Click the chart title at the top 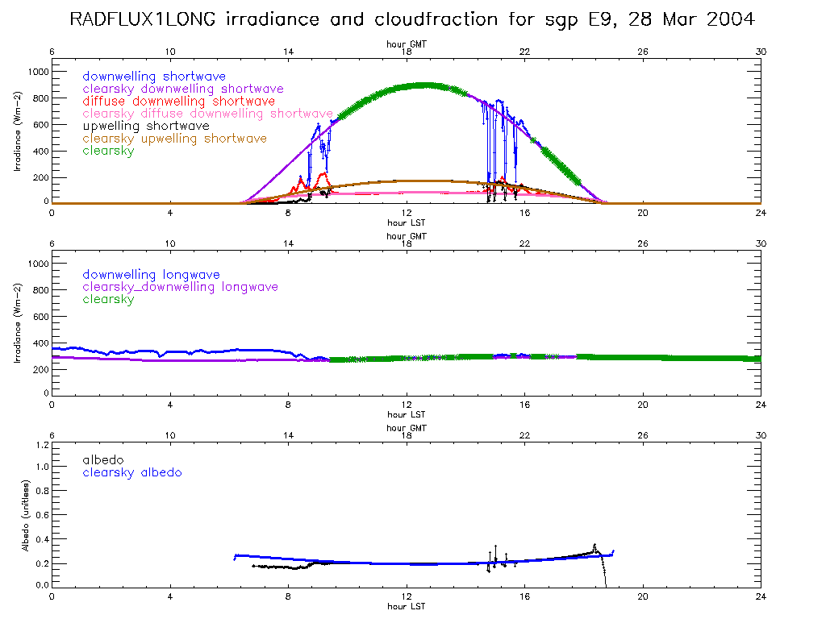tap(412, 19)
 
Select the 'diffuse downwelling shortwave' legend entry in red tap(178, 102)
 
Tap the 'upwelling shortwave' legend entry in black tap(146, 126)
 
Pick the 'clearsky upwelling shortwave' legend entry tap(174, 139)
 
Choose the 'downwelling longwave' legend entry tap(151, 275)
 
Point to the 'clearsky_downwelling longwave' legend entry tap(180, 287)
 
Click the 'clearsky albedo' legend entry tap(132, 472)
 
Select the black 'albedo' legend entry tap(102, 459)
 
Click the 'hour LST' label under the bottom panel tap(406, 606)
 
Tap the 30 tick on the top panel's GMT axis tap(761, 52)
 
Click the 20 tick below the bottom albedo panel tap(643, 597)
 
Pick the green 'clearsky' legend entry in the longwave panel tap(108, 299)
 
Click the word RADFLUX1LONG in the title tap(144, 19)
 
